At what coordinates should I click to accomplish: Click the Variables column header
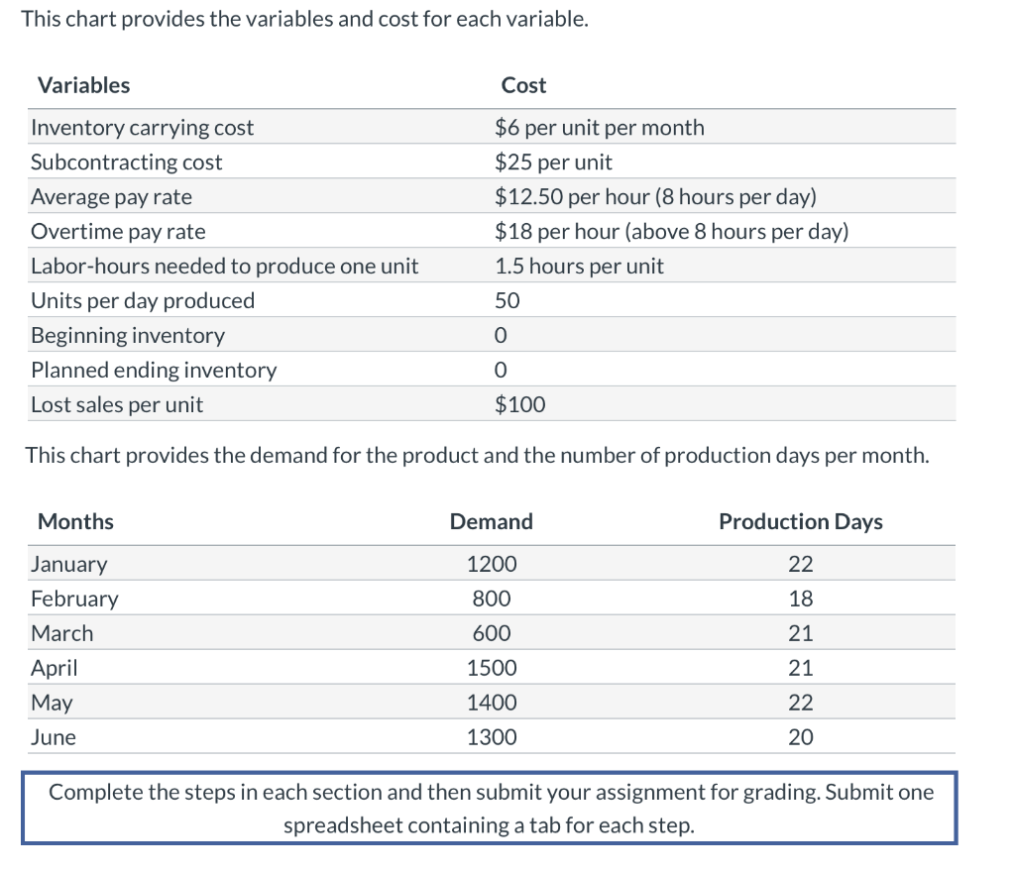point(83,85)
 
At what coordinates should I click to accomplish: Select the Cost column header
point(523,85)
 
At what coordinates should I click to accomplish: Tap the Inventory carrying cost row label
point(142,128)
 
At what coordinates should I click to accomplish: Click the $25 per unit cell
point(553,163)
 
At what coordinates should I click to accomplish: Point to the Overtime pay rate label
point(118,232)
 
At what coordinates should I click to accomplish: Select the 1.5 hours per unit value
point(579,267)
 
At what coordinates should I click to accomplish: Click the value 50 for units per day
point(507,301)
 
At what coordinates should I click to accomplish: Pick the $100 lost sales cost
point(519,405)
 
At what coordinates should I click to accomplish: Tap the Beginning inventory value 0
point(501,336)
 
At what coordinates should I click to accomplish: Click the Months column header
point(75,522)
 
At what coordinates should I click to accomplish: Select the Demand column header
point(491,522)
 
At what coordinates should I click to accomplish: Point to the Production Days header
point(800,522)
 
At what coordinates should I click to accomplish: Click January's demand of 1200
point(492,565)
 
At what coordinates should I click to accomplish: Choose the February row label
point(74,600)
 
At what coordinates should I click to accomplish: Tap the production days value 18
point(800,600)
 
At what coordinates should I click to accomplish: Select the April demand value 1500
point(492,669)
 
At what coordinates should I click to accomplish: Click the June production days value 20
point(800,738)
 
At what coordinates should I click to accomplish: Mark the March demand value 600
point(492,634)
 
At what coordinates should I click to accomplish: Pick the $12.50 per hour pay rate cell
point(655,197)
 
